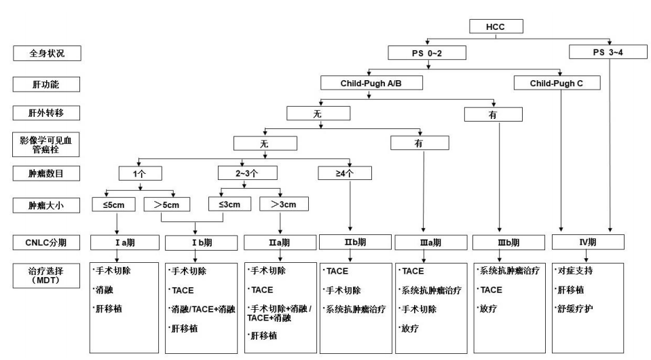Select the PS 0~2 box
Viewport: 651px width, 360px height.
(426, 52)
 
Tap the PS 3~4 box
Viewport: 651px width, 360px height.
(609, 52)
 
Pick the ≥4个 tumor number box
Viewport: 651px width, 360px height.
(345, 173)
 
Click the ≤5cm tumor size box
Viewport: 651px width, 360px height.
(117, 203)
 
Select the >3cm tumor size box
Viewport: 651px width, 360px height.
(283, 203)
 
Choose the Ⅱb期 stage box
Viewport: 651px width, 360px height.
(355, 241)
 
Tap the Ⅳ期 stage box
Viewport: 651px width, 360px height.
(587, 241)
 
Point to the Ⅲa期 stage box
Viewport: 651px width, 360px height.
(431, 242)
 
